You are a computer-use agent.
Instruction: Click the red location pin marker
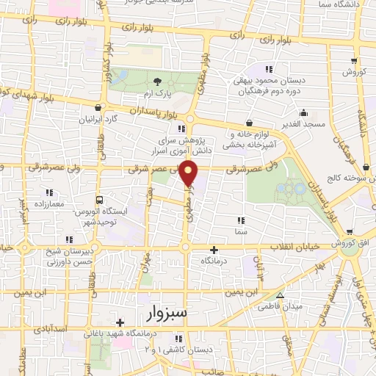(189, 173)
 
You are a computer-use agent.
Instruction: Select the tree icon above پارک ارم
(156, 82)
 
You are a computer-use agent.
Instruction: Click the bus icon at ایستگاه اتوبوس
(100, 200)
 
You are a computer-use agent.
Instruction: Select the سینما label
(240, 231)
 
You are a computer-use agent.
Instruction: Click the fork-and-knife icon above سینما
(240, 220)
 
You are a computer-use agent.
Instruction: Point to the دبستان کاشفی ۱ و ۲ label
(178, 350)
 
